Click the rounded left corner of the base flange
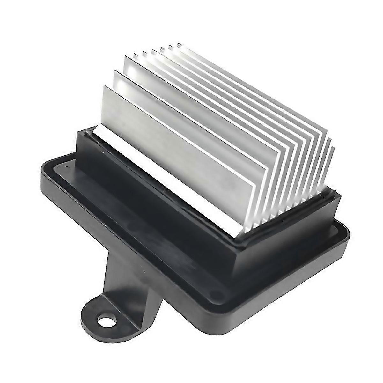(x=43, y=175)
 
